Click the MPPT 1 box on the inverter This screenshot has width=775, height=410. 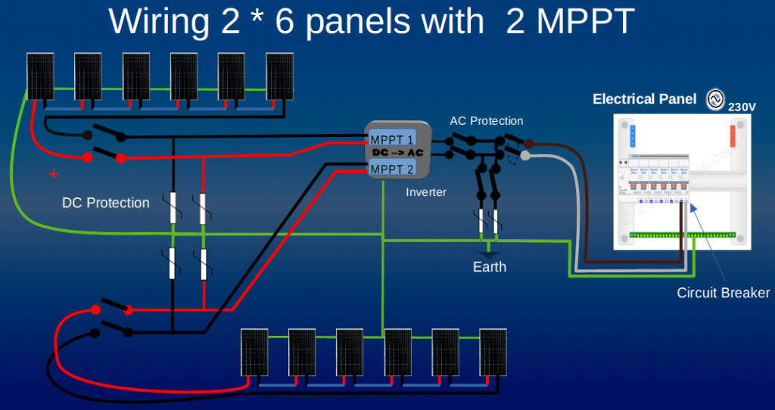point(392,140)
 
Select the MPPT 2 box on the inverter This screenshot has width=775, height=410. point(392,169)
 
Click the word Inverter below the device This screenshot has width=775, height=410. point(426,192)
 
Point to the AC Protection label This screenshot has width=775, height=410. point(486,121)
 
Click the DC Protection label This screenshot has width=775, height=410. point(106,203)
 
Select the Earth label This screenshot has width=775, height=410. point(490,267)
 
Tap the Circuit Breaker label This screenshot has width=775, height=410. point(723,293)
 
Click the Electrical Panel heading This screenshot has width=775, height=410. point(645,99)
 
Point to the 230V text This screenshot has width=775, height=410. point(742,107)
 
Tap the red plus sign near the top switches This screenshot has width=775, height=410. point(53,174)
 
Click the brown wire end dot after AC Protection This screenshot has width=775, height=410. point(529,143)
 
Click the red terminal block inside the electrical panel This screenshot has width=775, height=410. point(732,137)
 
